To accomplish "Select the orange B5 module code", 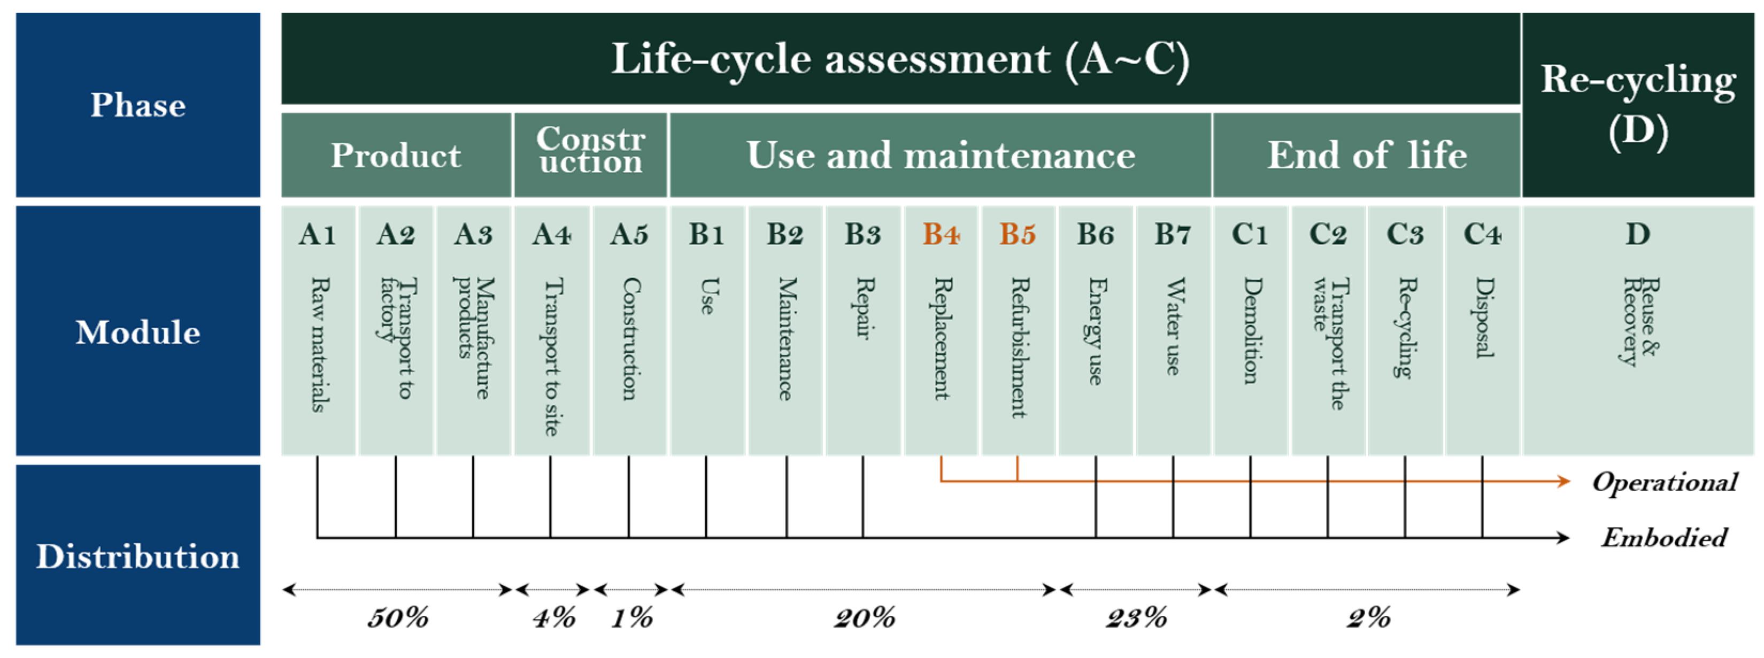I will tap(1017, 235).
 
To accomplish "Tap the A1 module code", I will tap(317, 235).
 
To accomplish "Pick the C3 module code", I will tap(1405, 235).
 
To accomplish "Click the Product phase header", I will tap(396, 156).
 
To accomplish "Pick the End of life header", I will tap(1367, 156).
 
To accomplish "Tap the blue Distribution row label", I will tap(137, 556).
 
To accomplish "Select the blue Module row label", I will tap(137, 332).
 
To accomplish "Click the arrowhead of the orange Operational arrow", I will tap(1564, 482).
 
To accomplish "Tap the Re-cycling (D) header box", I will tap(1637, 104).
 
